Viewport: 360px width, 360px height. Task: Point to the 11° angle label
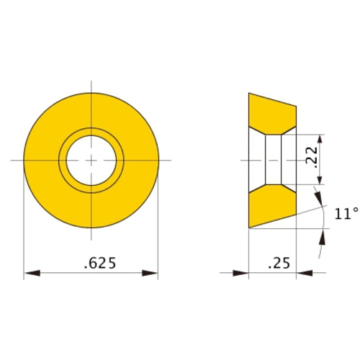(x=346, y=214)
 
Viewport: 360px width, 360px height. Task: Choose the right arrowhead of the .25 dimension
(x=303, y=274)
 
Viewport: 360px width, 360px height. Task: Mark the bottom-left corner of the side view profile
(x=249, y=228)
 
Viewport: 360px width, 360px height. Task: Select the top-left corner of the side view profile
(x=249, y=93)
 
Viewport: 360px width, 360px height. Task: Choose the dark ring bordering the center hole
(x=91, y=132)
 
